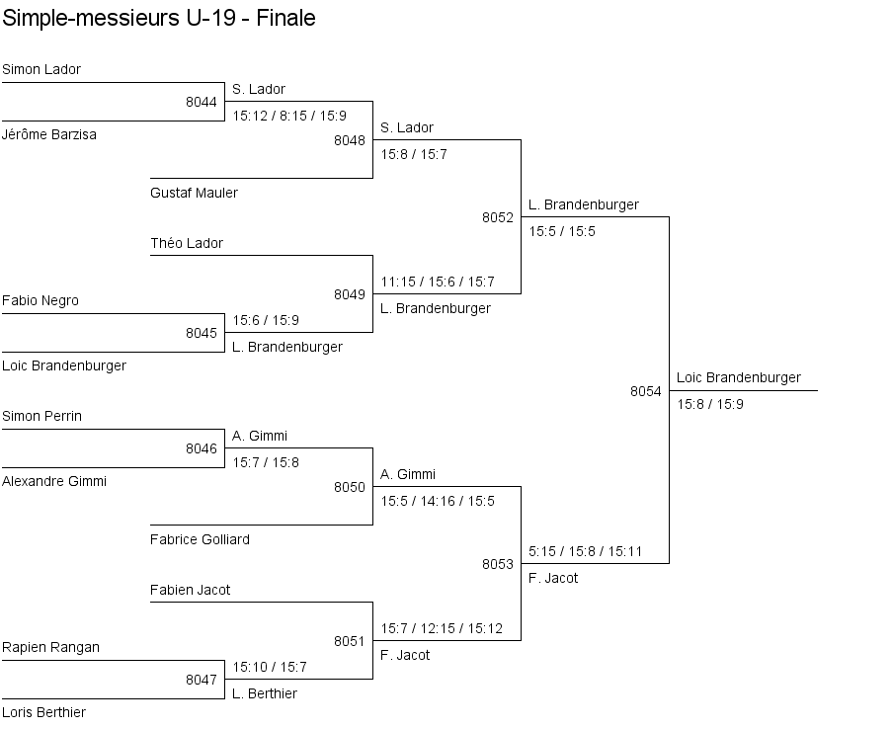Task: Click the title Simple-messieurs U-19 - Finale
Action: point(159,18)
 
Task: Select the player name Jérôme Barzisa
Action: point(49,134)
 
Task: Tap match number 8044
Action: point(201,102)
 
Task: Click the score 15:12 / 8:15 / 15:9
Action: point(289,116)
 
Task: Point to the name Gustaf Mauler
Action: point(194,193)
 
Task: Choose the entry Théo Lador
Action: point(187,243)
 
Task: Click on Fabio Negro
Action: point(41,300)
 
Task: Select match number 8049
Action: point(349,294)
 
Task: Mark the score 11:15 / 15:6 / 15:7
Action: point(438,282)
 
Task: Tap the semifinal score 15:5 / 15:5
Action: point(562,231)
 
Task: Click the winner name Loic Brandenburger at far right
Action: point(739,377)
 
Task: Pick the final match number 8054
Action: point(645,391)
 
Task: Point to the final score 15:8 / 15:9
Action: point(710,404)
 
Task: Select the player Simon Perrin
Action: point(41,416)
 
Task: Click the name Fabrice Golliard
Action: point(200,539)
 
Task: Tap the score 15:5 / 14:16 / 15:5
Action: point(438,501)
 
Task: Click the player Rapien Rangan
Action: point(50,647)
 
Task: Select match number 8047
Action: point(201,680)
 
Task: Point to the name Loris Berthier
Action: point(43,712)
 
